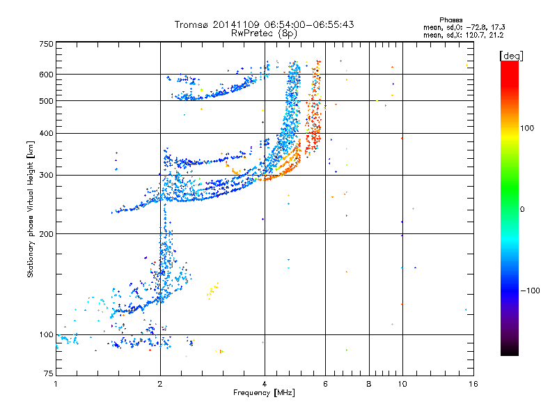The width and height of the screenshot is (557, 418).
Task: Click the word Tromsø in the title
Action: point(192,24)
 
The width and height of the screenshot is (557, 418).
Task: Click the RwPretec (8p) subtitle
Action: point(264,33)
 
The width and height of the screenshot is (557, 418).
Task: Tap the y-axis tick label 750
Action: point(46,44)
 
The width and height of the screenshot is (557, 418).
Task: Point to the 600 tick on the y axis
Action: point(46,75)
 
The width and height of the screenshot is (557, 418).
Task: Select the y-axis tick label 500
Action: point(46,101)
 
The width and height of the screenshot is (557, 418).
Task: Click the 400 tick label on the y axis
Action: point(46,133)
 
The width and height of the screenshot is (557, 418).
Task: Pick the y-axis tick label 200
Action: point(46,234)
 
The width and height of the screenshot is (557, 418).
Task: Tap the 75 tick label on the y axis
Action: point(49,373)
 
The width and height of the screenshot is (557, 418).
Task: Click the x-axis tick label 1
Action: point(56,384)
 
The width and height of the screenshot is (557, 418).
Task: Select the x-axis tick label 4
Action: point(265,384)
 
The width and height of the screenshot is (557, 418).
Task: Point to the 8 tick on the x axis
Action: point(369,384)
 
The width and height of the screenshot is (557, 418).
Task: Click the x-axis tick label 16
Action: point(473,384)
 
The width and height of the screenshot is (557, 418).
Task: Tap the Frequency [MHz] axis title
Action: point(264,393)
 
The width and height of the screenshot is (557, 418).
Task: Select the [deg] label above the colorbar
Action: point(511,56)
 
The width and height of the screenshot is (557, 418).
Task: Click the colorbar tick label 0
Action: point(521,209)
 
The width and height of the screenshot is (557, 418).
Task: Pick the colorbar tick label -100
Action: point(530,291)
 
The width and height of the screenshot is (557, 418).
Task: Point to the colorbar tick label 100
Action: point(527,128)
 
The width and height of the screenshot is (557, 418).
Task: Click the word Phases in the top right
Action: point(450,20)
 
